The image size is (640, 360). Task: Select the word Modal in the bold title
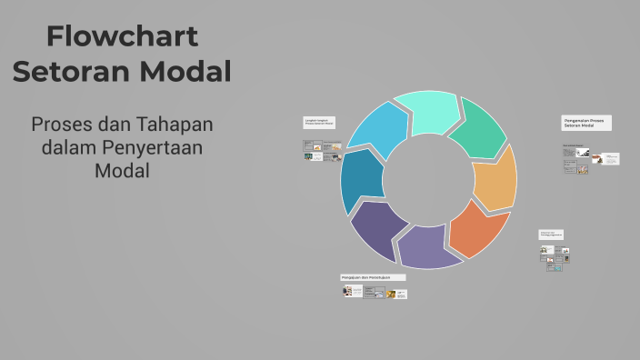(186, 71)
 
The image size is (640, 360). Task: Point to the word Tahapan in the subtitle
(175, 124)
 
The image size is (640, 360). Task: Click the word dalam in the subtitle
(67, 146)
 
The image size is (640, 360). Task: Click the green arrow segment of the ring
(478, 129)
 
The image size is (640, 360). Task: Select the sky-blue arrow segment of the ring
(378, 133)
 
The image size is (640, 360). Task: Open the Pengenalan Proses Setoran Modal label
(585, 123)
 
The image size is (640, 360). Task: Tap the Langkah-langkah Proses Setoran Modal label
(317, 123)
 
